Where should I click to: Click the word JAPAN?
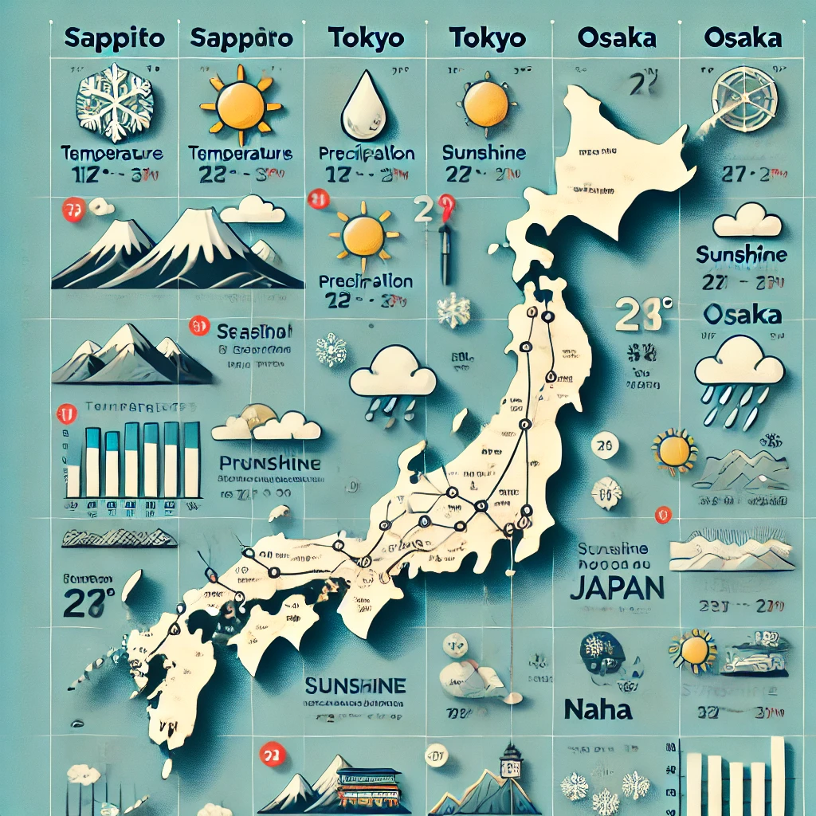(x=618, y=587)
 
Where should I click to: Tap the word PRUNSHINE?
(x=270, y=463)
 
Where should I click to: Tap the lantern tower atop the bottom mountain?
(x=510, y=761)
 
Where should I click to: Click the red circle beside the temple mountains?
(x=273, y=753)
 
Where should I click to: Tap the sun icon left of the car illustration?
(x=693, y=650)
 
